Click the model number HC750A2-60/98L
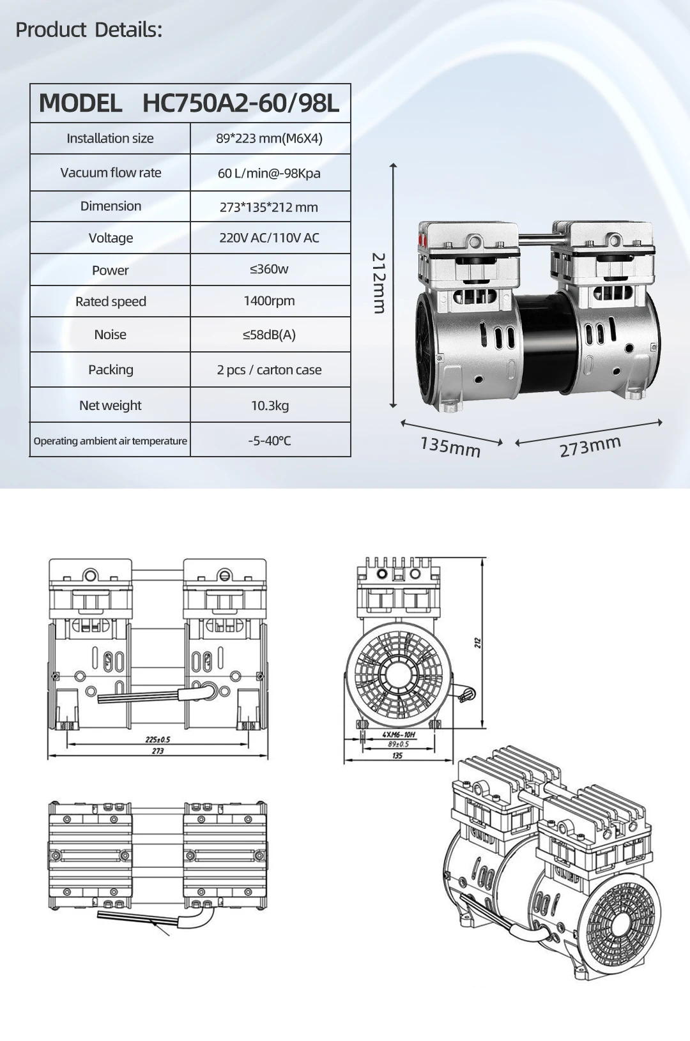point(240,103)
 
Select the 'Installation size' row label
point(110,139)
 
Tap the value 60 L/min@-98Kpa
point(269,173)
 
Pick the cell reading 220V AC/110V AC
point(269,238)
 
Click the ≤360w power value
point(269,270)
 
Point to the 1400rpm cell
point(269,301)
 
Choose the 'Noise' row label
point(110,335)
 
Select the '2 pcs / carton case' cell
point(269,370)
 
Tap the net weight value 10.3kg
point(269,406)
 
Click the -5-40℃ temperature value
point(269,441)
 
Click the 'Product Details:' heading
point(89,30)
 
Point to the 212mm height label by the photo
point(379,283)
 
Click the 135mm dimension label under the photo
point(450,446)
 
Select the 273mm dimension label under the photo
point(590,446)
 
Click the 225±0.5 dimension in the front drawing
point(158,740)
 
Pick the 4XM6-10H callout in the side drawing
point(399,735)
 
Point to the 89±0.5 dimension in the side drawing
point(398,745)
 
